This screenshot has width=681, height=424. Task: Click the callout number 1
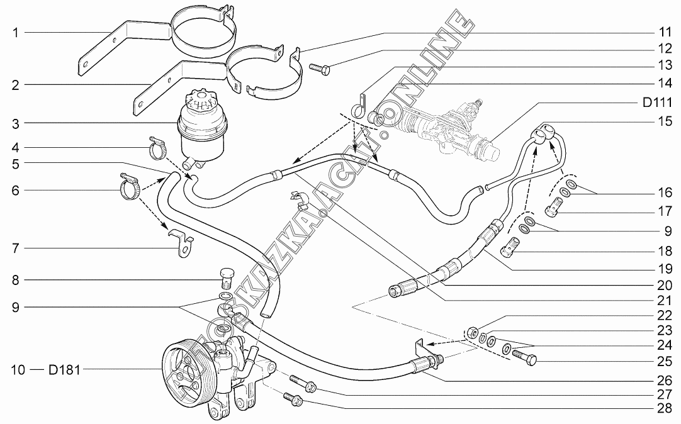(14, 32)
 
